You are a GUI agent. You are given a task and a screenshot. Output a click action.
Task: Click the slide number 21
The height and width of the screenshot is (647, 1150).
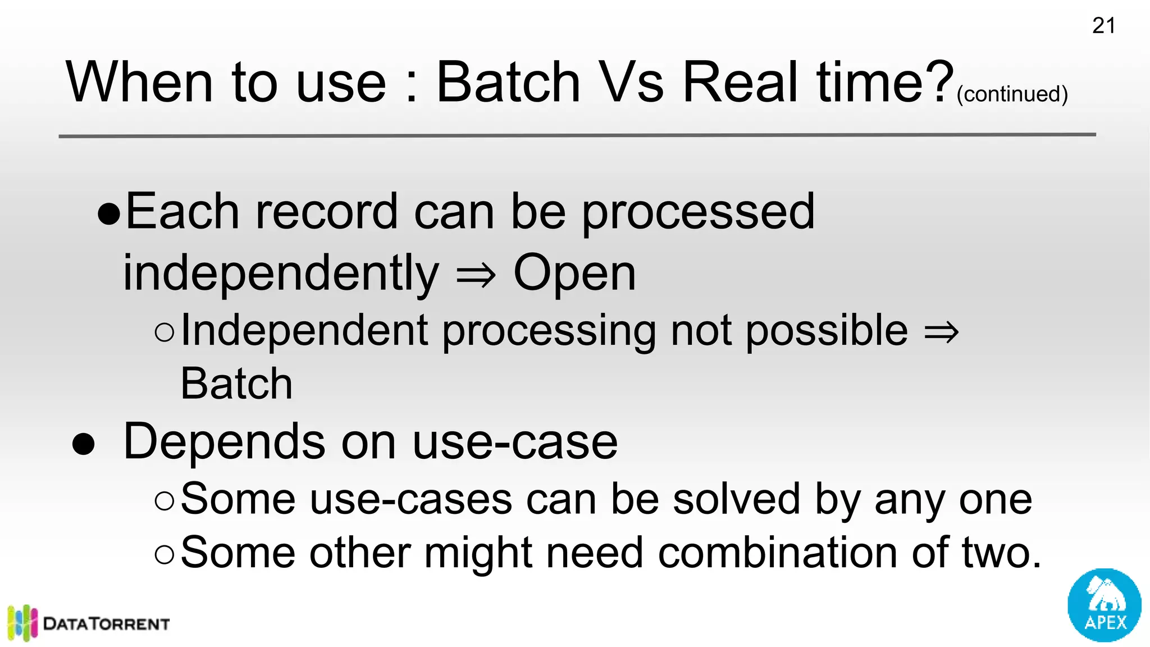click(x=1103, y=26)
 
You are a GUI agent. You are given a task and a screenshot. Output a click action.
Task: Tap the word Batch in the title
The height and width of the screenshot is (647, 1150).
click(x=508, y=83)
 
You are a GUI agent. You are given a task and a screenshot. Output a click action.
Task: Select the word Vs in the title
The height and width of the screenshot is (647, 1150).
click(x=631, y=83)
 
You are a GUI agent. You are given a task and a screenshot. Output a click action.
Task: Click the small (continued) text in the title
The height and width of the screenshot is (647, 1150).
click(x=1012, y=94)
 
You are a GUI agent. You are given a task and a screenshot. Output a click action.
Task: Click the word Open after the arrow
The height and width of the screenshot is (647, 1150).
click(x=574, y=273)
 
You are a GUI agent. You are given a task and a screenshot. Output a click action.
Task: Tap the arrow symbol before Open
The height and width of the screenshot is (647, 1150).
click(x=476, y=275)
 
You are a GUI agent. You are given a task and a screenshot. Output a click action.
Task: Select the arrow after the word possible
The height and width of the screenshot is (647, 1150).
click(x=941, y=332)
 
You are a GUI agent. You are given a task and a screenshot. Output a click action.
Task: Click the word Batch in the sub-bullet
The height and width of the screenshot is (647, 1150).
click(x=236, y=384)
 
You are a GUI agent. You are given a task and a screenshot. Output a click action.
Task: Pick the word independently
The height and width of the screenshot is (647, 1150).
click(x=281, y=274)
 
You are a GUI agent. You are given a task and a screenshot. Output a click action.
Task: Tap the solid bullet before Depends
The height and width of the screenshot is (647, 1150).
click(x=83, y=444)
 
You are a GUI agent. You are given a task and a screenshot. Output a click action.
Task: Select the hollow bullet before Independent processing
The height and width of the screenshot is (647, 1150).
click(x=165, y=332)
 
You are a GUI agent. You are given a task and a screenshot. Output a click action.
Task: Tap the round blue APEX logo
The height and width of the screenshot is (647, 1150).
click(x=1104, y=605)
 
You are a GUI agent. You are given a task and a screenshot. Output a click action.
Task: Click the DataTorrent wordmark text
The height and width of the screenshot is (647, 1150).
click(x=106, y=624)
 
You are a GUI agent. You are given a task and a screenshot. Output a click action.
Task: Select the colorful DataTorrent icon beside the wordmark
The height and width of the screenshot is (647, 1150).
click(x=22, y=622)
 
